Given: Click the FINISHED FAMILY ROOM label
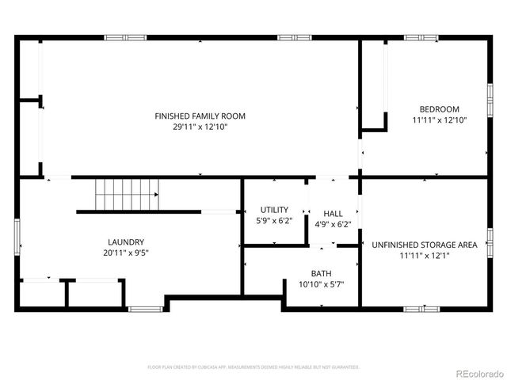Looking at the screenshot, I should pos(200,116).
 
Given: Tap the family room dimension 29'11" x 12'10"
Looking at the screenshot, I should pos(200,127).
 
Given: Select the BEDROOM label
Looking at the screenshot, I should pos(440,109).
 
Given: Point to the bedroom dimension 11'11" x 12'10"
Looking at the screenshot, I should pos(440,120).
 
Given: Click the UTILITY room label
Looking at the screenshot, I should pos(274,210).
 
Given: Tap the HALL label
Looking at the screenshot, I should pos(333,214).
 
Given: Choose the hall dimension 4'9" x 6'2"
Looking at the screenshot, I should pos(333,224).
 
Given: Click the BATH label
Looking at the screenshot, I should pos(321,273).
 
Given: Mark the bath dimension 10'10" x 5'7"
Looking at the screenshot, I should pos(321,284).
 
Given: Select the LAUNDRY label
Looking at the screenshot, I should pos(126,242).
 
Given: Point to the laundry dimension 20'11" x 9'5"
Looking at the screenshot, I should pos(126,253).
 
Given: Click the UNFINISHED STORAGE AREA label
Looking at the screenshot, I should pos(425,245).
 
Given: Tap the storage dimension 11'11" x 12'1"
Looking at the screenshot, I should pos(425,256).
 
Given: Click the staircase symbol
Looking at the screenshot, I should pos(127,193).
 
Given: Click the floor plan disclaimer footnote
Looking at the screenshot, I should pos(253,367).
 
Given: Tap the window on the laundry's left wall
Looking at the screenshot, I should pos(17,237).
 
